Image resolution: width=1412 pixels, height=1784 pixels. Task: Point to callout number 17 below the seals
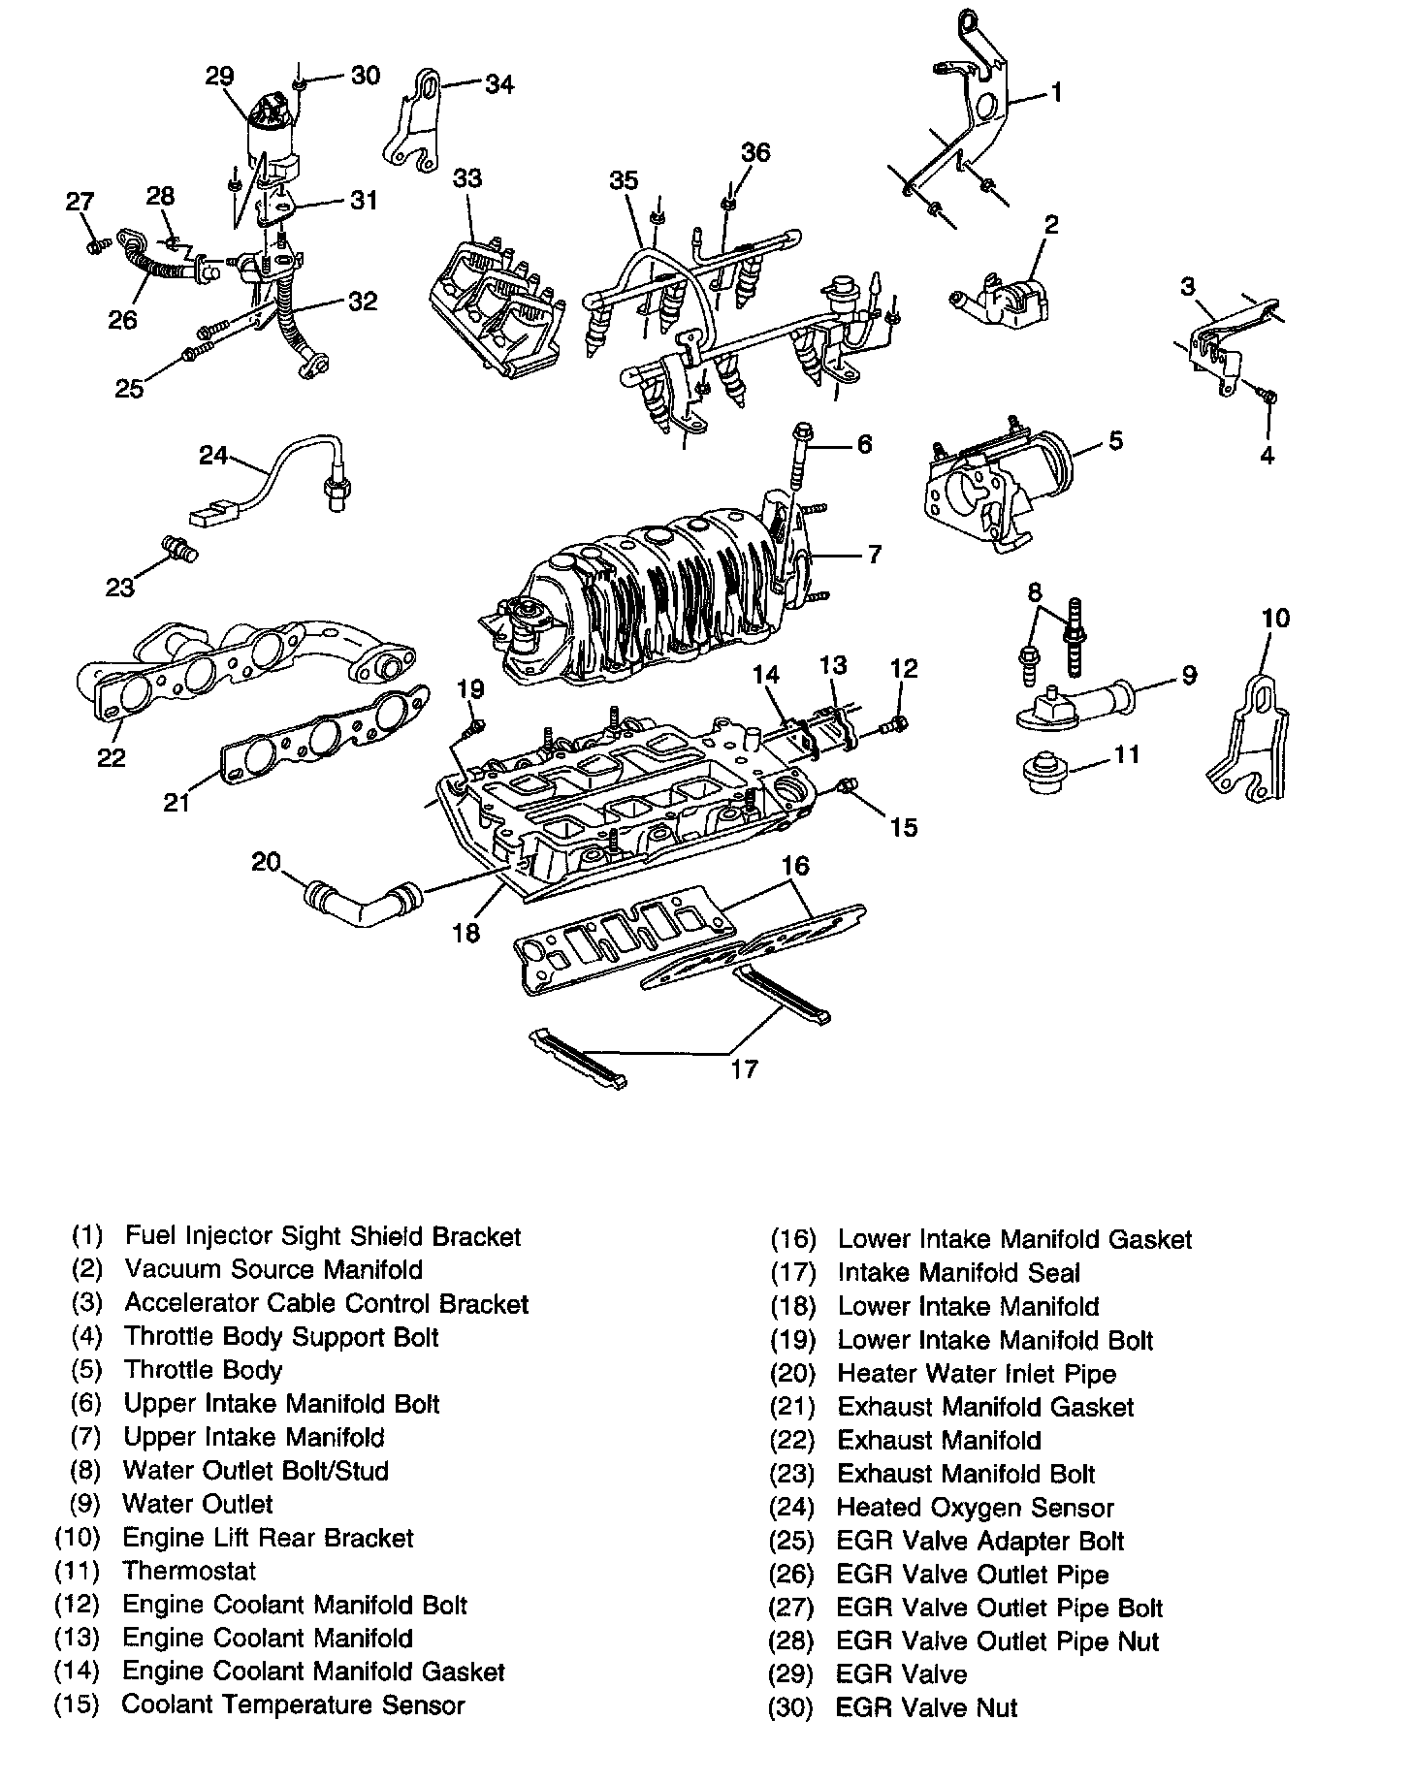(743, 1068)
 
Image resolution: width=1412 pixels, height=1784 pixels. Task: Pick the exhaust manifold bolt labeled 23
(181, 548)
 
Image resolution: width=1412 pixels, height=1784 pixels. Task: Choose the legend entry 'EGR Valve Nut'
(926, 1707)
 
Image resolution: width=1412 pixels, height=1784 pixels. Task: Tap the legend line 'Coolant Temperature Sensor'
(293, 1704)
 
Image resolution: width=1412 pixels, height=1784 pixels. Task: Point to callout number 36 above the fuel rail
(755, 152)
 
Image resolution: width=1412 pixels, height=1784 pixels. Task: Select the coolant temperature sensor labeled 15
(848, 786)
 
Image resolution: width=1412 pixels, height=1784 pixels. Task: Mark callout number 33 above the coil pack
(467, 179)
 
